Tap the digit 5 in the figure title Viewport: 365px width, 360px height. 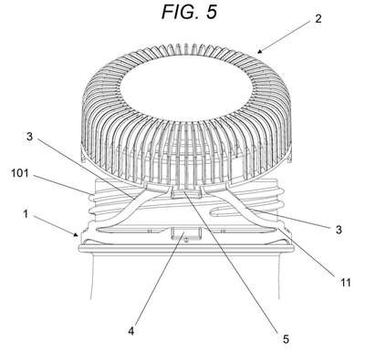pyautogui.click(x=212, y=13)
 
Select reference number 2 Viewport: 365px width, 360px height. pyautogui.click(x=318, y=19)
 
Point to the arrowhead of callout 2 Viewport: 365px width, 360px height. pyautogui.click(x=259, y=51)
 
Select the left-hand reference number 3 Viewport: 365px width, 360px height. pyautogui.click(x=29, y=137)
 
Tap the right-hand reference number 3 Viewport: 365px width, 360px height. pyautogui.click(x=339, y=230)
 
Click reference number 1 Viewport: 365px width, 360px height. pyautogui.click(x=26, y=214)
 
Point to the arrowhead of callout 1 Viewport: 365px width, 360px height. pyautogui.click(x=77, y=234)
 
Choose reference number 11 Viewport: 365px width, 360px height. pyautogui.click(x=345, y=283)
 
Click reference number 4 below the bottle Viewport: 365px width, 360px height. pyautogui.click(x=130, y=331)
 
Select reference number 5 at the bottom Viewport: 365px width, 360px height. pyautogui.click(x=286, y=339)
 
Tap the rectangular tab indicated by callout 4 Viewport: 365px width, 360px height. pyautogui.click(x=186, y=233)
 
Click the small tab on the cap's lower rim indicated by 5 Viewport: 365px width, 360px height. pyautogui.click(x=186, y=192)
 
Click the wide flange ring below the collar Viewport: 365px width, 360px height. pyautogui.click(x=186, y=247)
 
